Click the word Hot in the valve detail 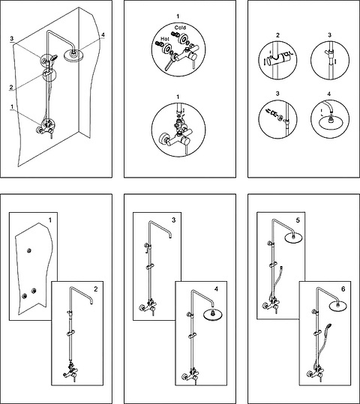pos(165,39)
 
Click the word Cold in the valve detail pos(180,27)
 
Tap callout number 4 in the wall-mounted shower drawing pos(103,34)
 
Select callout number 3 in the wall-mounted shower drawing pos(11,38)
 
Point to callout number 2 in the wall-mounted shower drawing pos(11,87)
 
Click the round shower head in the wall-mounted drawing pos(73,55)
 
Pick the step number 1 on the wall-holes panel pos(50,220)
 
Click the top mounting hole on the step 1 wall pos(29,250)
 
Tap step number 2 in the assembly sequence pos(96,289)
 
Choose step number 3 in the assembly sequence pos(173,220)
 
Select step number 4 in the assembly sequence pos(216,289)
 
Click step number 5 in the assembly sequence pos(298,220)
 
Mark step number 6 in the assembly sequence pos(343,289)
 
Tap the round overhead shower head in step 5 pos(292,238)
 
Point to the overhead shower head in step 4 pos(213,315)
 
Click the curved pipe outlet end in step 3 pos(170,237)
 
